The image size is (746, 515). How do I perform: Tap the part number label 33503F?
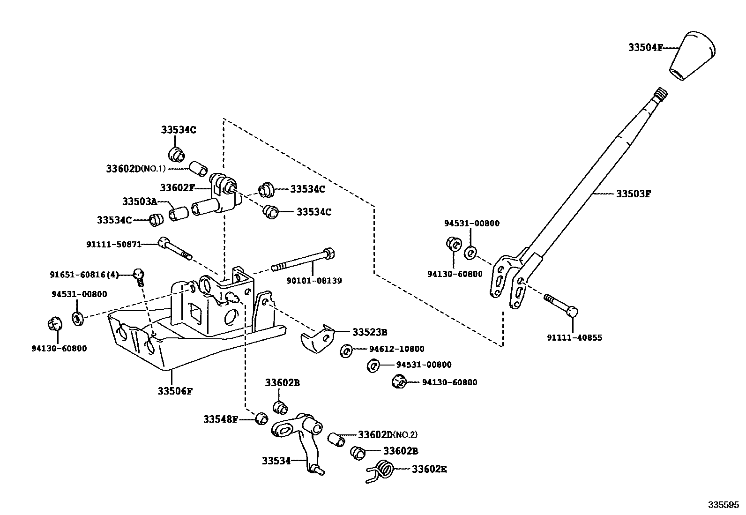633,194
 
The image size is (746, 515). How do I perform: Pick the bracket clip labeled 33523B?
320,338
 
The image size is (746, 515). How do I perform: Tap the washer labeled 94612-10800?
345,350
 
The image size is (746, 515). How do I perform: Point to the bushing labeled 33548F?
261,418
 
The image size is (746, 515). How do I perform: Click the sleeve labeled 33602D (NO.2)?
336,439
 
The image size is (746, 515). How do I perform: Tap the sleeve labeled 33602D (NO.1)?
198,168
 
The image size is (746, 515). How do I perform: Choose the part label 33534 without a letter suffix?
276,461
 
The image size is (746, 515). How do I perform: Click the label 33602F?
177,188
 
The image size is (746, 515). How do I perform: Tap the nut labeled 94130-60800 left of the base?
55,324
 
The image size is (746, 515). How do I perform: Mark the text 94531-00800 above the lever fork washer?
471,224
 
